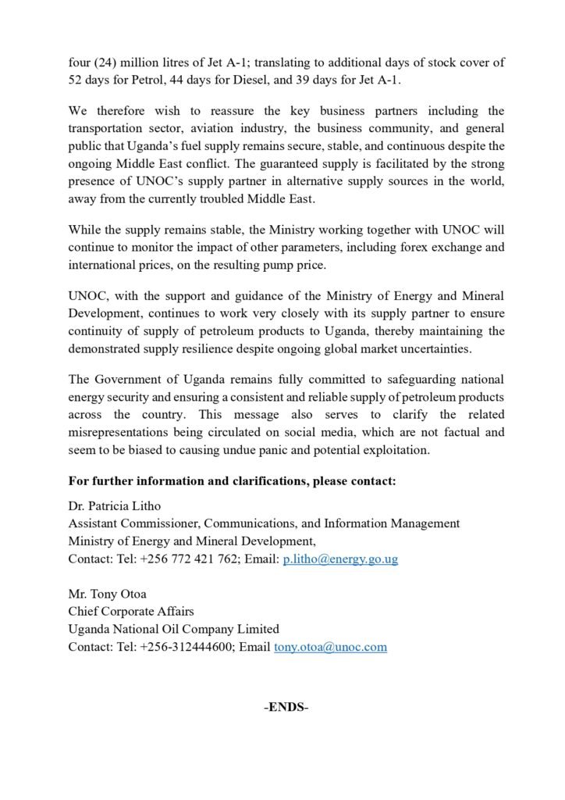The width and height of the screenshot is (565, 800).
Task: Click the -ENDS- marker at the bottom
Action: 286,708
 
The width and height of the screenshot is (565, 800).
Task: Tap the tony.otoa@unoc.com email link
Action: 330,648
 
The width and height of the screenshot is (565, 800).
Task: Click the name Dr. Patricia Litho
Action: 113,505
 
